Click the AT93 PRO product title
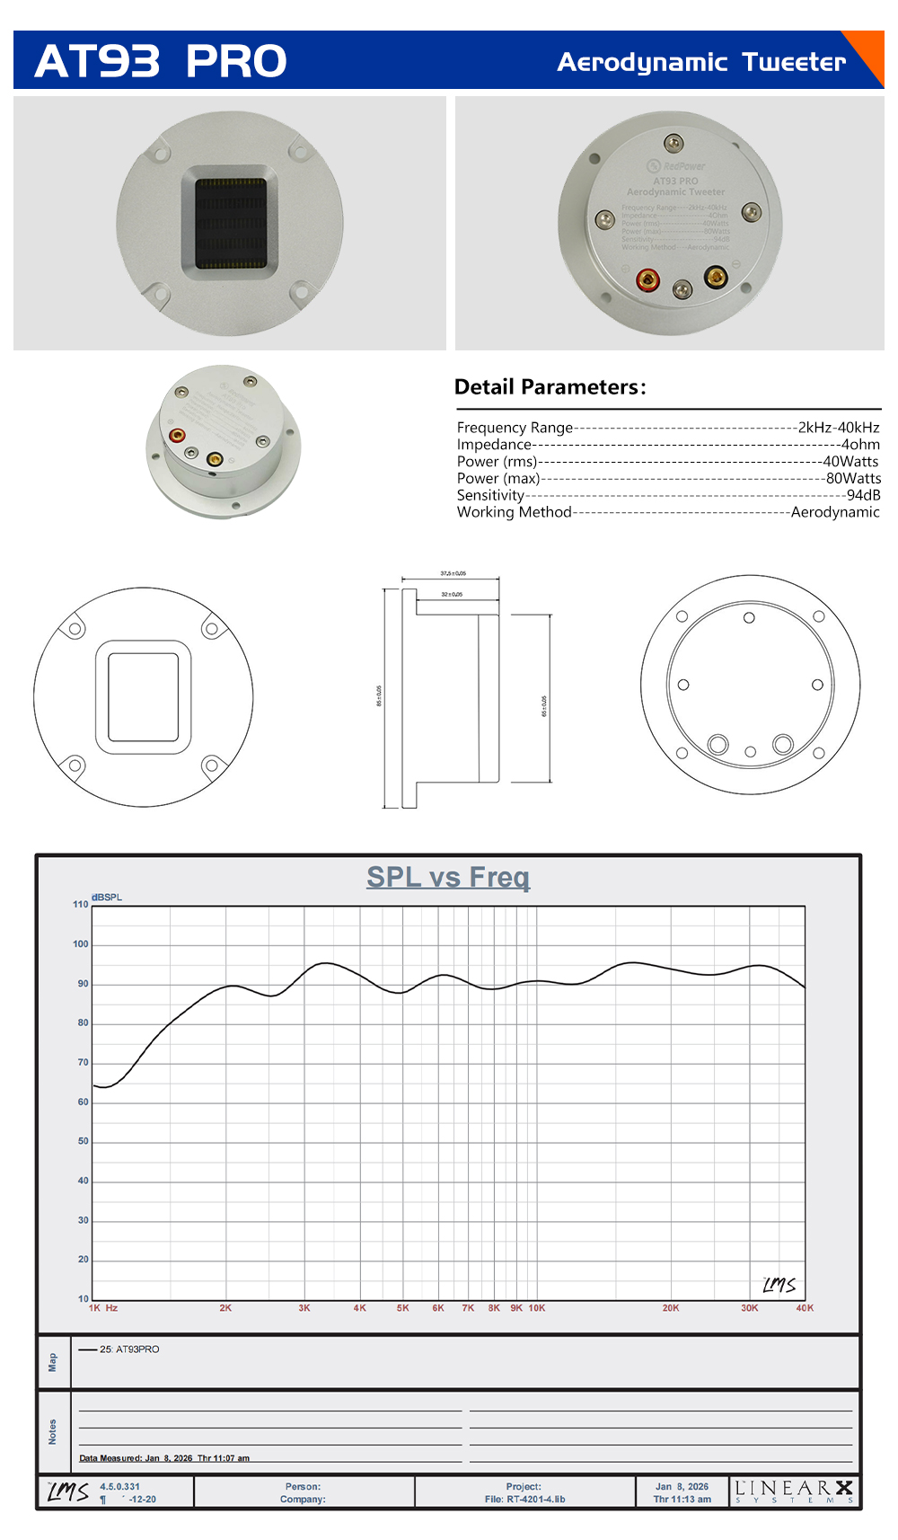161,61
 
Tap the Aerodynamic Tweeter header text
701,62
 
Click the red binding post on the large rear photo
647,280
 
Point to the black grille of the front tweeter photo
231,223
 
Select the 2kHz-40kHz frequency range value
839,428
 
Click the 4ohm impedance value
860,445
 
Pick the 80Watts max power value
853,479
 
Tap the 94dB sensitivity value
863,495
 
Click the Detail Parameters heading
550,387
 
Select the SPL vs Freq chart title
448,877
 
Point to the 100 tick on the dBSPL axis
81,944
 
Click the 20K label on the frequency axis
671,1308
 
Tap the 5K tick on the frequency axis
403,1308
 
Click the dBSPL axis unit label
107,898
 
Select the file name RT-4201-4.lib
535,1500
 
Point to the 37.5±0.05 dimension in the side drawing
453,573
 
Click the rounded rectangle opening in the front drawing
144,697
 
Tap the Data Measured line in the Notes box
164,1458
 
